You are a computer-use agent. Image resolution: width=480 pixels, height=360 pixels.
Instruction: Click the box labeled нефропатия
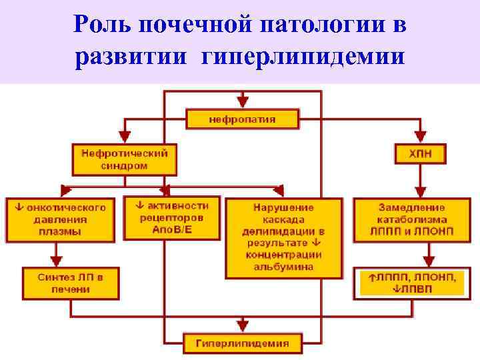[x=242, y=120]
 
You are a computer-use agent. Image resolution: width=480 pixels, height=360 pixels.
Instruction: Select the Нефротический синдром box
[x=121, y=158]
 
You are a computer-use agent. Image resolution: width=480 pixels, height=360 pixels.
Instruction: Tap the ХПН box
[x=420, y=154]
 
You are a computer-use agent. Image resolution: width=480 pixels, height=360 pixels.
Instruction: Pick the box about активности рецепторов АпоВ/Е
[x=172, y=217]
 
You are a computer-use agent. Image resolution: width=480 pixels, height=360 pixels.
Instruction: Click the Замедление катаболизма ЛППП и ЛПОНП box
[x=413, y=218]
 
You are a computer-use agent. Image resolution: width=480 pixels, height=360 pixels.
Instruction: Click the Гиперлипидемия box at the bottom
[x=242, y=344]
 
